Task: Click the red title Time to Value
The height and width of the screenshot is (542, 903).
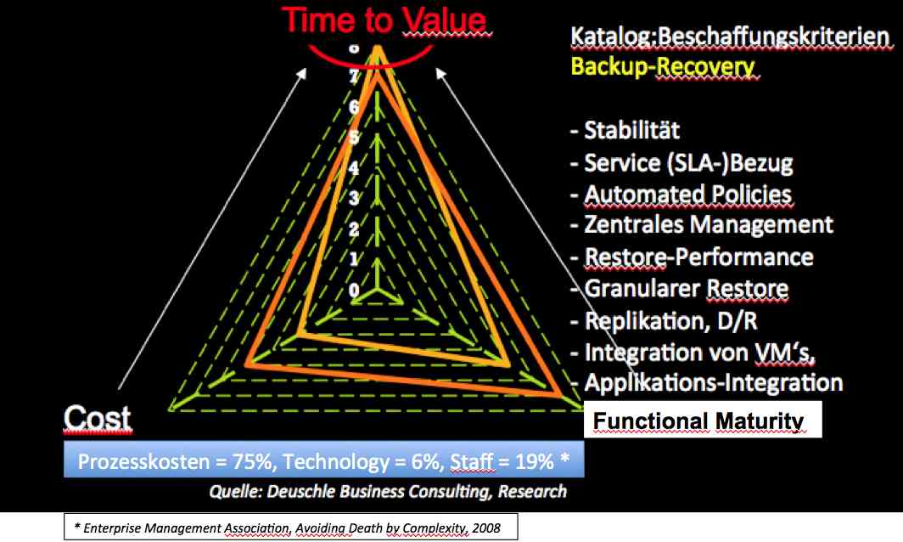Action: (x=384, y=20)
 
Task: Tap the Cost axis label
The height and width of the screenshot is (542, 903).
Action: (x=97, y=417)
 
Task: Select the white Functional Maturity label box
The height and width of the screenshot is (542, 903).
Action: (x=703, y=419)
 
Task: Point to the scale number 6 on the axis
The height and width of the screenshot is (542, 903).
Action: (x=354, y=107)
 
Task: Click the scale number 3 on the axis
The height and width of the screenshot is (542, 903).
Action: (x=354, y=198)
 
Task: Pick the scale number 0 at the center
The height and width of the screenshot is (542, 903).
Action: (x=354, y=290)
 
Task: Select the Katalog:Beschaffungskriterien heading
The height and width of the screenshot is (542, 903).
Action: (x=730, y=37)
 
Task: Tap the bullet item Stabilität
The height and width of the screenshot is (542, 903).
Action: (x=625, y=130)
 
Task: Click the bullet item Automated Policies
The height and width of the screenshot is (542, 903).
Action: (x=681, y=195)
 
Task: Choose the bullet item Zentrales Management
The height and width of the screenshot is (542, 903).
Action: (x=701, y=224)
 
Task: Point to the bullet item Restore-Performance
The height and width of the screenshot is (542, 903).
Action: (x=692, y=257)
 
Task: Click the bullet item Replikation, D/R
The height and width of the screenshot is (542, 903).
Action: (x=664, y=320)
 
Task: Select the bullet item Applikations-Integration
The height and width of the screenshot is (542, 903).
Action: (x=707, y=382)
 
